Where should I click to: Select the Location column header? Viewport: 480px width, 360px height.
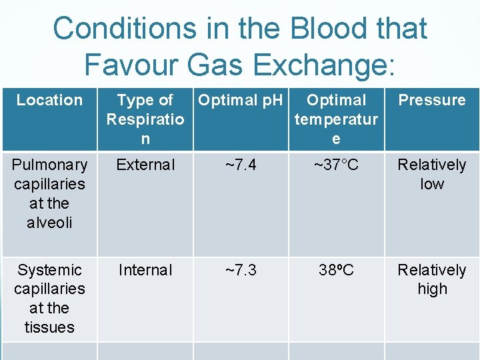tap(49, 100)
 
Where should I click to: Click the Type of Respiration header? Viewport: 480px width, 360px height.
tap(145, 119)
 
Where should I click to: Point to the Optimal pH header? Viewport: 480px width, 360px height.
tap(241, 100)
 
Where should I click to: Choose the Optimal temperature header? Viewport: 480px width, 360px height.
tap(336, 119)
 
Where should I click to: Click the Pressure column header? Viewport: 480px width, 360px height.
tap(432, 100)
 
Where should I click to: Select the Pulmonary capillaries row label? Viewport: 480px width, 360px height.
tap(49, 193)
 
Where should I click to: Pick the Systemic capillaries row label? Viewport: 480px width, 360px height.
tap(49, 298)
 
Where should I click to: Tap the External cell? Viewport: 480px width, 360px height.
tap(145, 165)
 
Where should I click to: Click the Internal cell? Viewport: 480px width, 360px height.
tap(145, 270)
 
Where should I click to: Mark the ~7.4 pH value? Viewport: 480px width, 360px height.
tap(241, 165)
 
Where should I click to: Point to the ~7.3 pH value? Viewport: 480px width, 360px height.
tap(241, 270)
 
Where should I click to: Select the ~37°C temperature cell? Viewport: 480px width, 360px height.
tap(336, 165)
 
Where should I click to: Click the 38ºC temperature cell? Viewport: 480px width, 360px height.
tap(336, 270)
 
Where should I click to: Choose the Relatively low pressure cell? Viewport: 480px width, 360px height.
tap(432, 174)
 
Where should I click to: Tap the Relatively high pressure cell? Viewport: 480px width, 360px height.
tap(432, 279)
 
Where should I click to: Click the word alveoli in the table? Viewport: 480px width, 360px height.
tap(49, 223)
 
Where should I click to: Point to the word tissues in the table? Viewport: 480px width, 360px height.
tap(49, 327)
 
